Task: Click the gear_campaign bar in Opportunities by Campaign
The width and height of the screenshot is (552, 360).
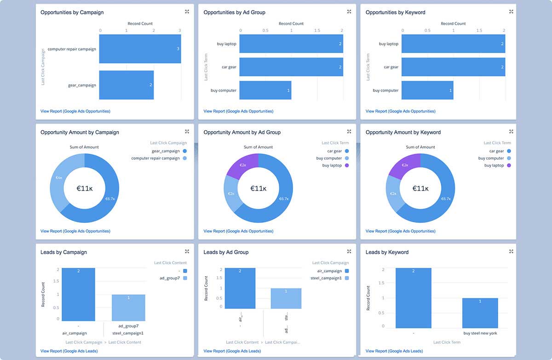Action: (126, 85)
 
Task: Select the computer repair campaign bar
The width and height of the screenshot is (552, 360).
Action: (140, 49)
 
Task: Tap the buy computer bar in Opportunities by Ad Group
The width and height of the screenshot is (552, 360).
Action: (265, 90)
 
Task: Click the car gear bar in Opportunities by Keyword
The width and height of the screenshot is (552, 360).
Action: (454, 67)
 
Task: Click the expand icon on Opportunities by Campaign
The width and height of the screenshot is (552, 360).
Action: (187, 12)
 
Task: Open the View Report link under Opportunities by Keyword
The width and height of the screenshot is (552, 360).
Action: (400, 111)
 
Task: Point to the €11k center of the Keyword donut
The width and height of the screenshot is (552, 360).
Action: (420, 188)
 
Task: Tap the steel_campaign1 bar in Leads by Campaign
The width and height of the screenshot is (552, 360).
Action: (128, 308)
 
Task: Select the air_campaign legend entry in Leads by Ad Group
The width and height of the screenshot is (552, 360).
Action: (330, 271)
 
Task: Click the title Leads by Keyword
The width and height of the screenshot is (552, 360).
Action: (387, 252)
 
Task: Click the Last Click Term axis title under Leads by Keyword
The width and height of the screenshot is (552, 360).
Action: (447, 342)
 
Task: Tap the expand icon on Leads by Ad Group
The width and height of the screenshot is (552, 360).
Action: (349, 251)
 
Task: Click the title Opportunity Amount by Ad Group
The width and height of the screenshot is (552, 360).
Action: (242, 132)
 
